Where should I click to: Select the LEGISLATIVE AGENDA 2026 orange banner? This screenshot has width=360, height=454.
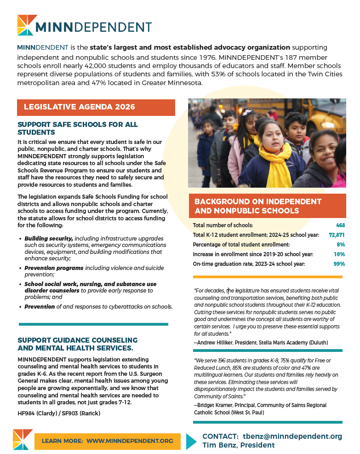coord(96,107)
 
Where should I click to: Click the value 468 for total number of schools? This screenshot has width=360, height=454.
coord(340,225)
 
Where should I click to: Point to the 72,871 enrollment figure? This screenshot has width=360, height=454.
coord(337,235)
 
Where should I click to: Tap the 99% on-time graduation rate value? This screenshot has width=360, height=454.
coord(339,264)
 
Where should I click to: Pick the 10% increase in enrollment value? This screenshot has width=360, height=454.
coord(339,254)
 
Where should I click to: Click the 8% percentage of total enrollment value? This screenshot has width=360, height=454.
coord(341,245)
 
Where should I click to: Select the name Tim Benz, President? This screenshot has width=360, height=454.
coord(239,445)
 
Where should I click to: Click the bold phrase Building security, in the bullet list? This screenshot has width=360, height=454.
coord(49,239)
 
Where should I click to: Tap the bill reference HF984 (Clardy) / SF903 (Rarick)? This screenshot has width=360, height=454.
coord(58,414)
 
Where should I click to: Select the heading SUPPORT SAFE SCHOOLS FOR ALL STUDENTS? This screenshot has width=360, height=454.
coord(77,128)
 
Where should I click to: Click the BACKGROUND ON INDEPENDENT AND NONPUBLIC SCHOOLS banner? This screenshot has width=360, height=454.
coord(267,206)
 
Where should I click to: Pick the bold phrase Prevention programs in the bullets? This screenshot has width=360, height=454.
coord(54,268)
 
